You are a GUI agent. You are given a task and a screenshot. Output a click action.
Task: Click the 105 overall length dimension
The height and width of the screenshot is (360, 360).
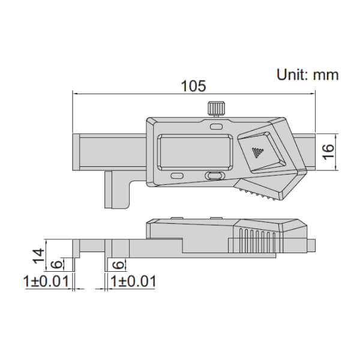coord(194,86)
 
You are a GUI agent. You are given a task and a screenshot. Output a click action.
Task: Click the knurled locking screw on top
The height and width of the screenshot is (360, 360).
coord(215,110)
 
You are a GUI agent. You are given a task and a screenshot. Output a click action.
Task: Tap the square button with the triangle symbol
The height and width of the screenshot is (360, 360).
coord(259,154)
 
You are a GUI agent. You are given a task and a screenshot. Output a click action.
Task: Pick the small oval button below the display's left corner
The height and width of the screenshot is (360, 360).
coord(177,176)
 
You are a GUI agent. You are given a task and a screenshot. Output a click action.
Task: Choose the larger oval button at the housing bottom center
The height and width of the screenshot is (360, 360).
coord(214,176)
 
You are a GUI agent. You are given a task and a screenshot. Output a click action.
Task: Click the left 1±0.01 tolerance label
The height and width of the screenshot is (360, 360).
coord(48,281)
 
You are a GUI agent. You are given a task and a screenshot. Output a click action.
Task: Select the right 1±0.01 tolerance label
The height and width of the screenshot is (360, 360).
coord(134,281)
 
